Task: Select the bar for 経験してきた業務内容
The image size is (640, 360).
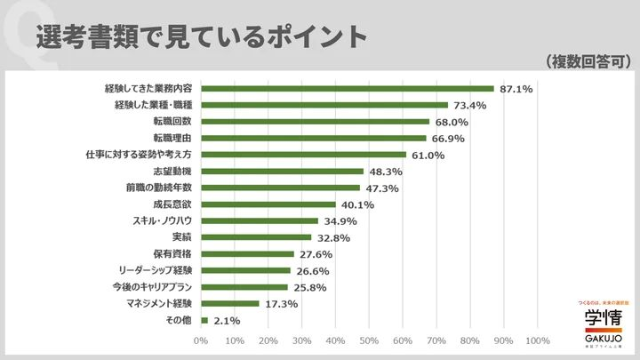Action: pos(348,88)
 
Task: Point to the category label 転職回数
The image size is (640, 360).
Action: pos(172,122)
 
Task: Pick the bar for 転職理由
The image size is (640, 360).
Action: pos(314,138)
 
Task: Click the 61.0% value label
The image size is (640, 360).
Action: pos(430,155)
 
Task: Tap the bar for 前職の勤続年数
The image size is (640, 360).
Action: pos(281,188)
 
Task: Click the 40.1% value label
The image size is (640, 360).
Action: pos(357,204)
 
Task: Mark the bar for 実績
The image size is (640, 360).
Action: pos(256,237)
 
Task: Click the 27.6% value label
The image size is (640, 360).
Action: pos(316,254)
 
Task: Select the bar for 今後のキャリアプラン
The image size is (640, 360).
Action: pos(244,287)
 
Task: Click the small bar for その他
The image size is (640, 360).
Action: pos(204,320)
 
